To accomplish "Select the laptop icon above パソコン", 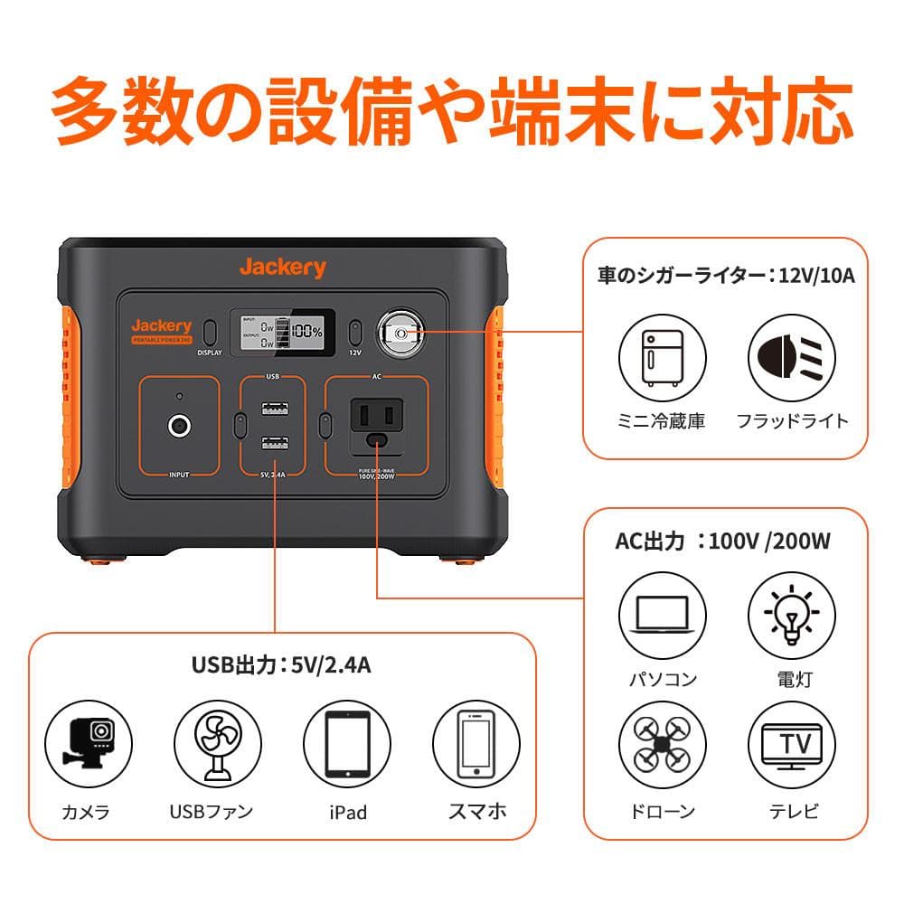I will [660, 614].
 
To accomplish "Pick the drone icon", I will [660, 742].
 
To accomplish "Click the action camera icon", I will [86, 742].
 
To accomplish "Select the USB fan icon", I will [215, 742].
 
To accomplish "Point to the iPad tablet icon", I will [347, 742].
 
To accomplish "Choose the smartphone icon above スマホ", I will [476, 742].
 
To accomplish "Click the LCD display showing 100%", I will [282, 334].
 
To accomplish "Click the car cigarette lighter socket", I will [400, 334].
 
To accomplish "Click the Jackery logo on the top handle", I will [282, 267].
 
